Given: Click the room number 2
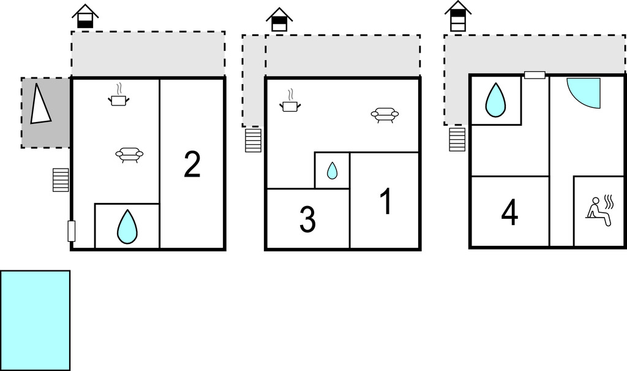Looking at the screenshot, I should (x=192, y=164).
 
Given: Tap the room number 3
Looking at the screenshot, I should (x=307, y=220).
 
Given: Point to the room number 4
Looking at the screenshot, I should (x=509, y=212).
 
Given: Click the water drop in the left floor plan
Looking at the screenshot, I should (x=127, y=226).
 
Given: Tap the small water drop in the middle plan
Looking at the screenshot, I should (x=332, y=170).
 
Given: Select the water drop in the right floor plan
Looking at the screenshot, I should (x=495, y=100).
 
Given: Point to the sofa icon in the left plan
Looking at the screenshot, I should (x=129, y=155).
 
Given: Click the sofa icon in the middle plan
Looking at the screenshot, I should (x=385, y=115).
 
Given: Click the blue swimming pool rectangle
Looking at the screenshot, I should (x=35, y=320).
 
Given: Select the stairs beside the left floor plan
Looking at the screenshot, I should (x=61, y=180).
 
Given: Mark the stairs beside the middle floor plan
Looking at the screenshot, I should (x=253, y=140).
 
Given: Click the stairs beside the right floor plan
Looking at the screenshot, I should (x=457, y=139).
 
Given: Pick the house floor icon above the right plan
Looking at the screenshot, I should (x=458, y=16).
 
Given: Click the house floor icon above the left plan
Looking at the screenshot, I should (x=85, y=17).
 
